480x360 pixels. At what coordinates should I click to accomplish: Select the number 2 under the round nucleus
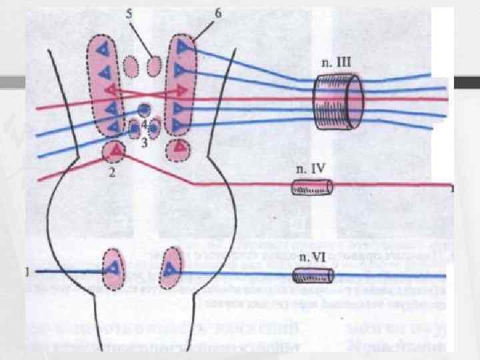[113, 173]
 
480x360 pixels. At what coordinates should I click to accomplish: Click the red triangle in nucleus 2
[117, 152]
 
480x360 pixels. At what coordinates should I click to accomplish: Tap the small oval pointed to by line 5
[154, 66]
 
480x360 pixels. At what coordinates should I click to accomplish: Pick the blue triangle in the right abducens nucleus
[172, 269]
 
